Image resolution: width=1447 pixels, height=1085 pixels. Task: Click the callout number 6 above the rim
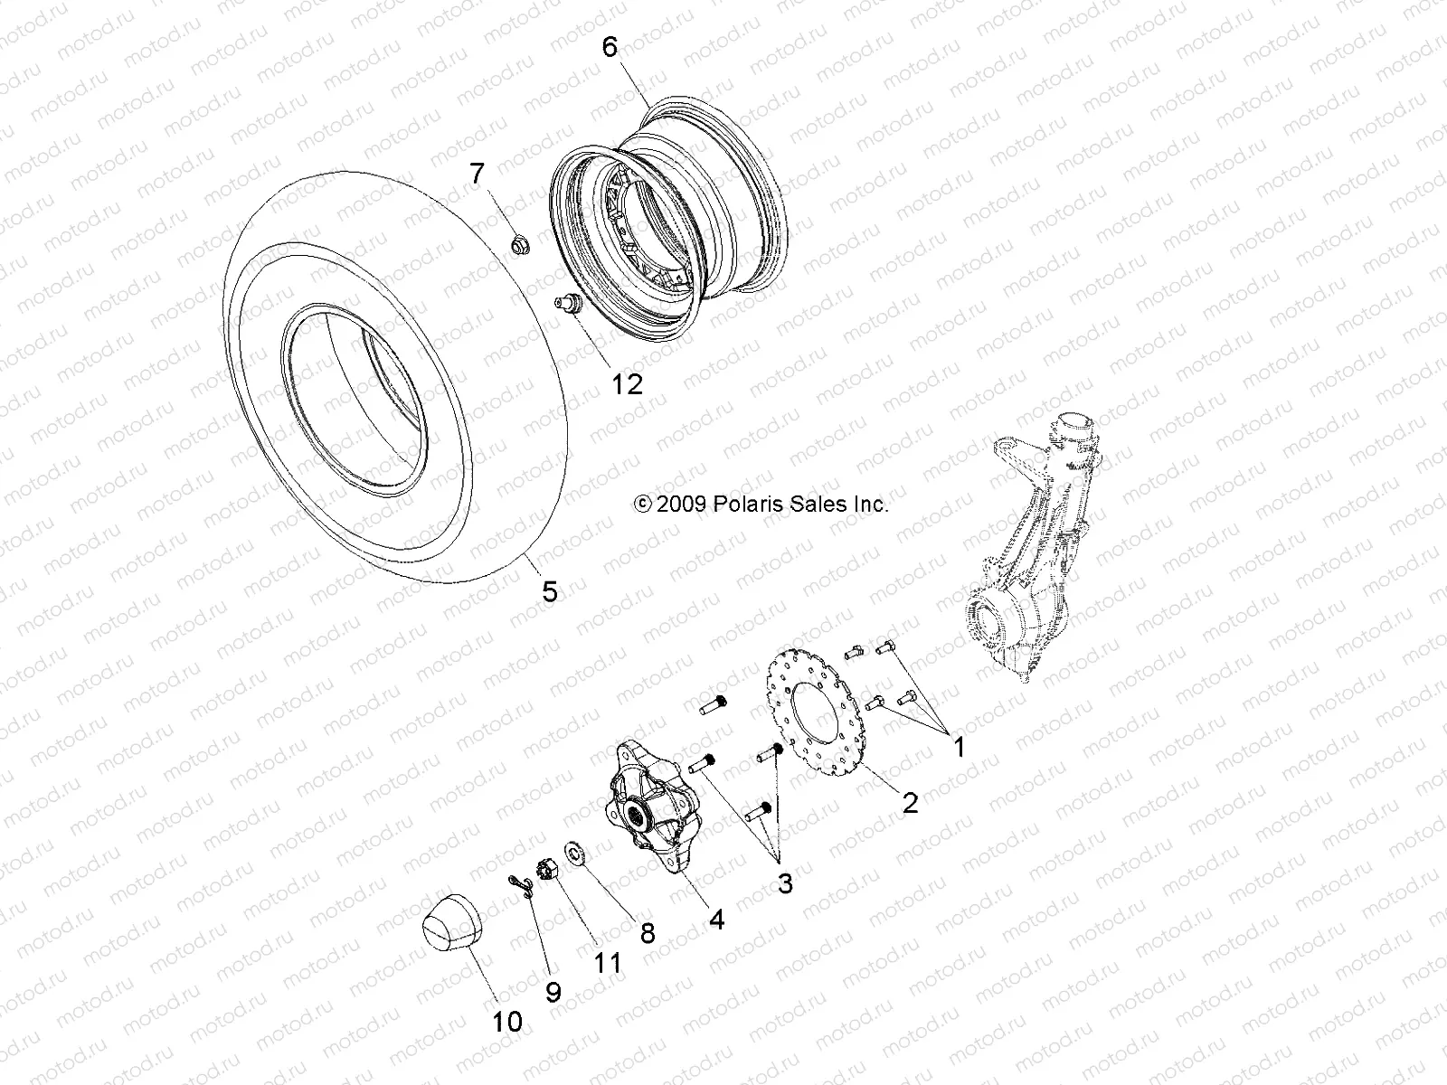(x=610, y=46)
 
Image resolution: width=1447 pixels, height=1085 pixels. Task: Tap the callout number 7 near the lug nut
(x=502, y=172)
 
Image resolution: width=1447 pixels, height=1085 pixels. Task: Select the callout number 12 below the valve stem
(x=651, y=384)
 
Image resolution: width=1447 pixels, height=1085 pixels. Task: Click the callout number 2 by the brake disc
(x=909, y=801)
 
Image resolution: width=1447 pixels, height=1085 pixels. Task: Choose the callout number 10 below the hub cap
(x=507, y=1022)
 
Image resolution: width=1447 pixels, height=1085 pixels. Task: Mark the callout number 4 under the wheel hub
(x=716, y=920)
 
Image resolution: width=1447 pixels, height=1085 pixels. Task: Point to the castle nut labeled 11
(x=545, y=867)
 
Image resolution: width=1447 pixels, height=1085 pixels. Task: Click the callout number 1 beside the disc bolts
(x=959, y=747)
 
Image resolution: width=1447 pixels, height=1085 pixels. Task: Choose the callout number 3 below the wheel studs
(x=784, y=882)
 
